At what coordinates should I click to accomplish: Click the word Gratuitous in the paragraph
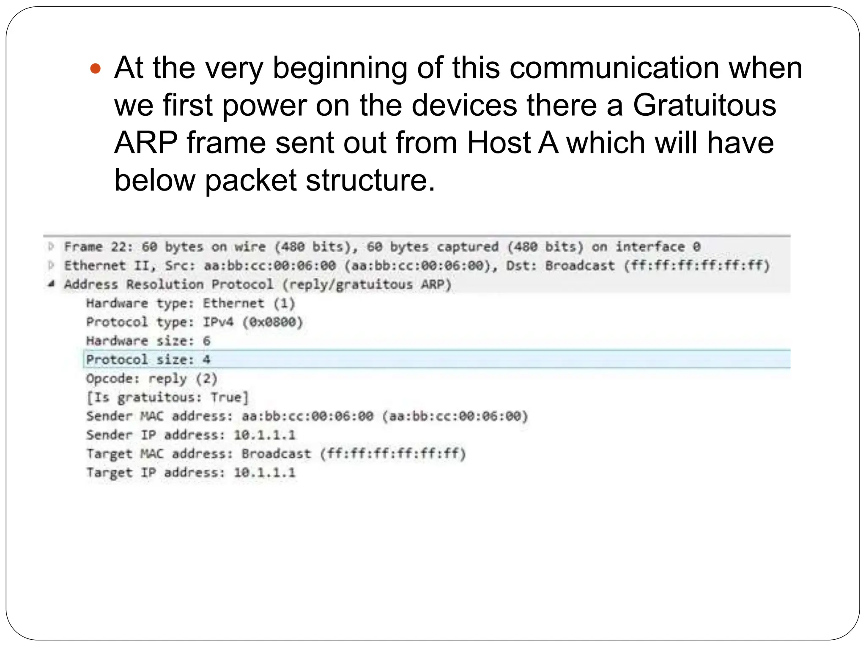[x=704, y=105]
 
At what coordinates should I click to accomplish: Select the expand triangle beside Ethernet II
[x=52, y=265]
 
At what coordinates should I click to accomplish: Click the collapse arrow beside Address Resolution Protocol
[x=51, y=284]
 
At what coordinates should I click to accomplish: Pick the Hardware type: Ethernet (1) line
[x=190, y=303]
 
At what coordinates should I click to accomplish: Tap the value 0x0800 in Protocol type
[x=273, y=322]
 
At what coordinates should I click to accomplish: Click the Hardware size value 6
[x=206, y=341]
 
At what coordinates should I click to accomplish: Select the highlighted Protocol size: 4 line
[x=148, y=360]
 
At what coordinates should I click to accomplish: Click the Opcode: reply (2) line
[x=151, y=379]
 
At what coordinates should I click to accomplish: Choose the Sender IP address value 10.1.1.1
[x=265, y=435]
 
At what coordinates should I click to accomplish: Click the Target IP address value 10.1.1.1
[x=265, y=472]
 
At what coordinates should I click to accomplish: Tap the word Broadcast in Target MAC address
[x=276, y=454]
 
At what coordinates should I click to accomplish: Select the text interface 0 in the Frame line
[x=658, y=247]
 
